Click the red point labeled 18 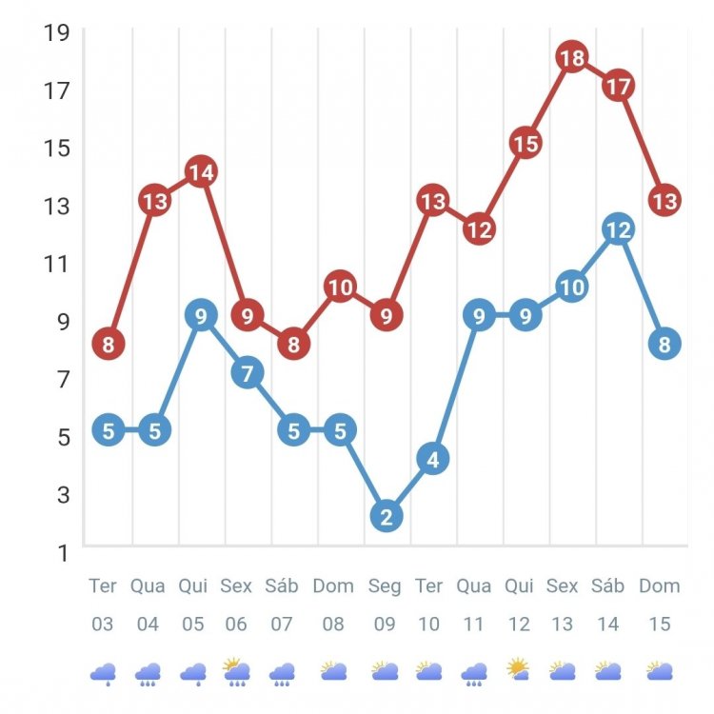tap(572, 58)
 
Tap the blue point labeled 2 tap(386, 517)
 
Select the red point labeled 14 tap(200, 172)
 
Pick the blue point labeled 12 tap(618, 229)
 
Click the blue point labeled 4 tap(432, 460)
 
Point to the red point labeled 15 tap(526, 144)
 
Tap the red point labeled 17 tap(618, 87)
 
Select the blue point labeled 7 tap(247, 373)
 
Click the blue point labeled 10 tap(572, 287)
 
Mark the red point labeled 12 tap(479, 229)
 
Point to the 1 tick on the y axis tap(62, 552)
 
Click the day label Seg tap(386, 585)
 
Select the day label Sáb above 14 tap(607, 585)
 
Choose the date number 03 tap(103, 625)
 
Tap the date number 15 tap(659, 625)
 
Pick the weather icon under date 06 tap(237, 671)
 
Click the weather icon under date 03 tap(103, 673)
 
